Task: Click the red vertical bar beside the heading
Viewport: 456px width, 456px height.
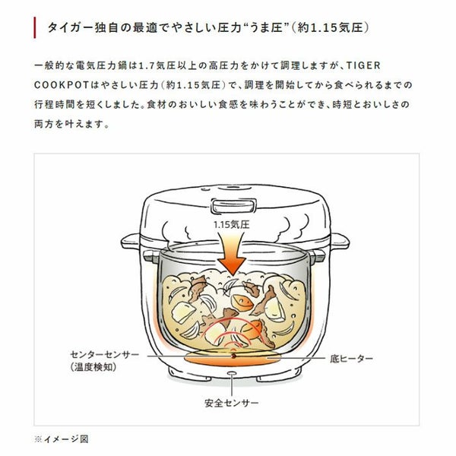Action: tap(35, 27)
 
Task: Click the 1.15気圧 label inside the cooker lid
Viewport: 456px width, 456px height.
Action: tap(232, 224)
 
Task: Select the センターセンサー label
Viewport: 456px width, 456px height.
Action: tap(105, 354)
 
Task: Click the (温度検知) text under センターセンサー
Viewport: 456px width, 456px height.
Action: tap(93, 367)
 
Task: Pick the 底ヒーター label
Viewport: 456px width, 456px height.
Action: tap(351, 359)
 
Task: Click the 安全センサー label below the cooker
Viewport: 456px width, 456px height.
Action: tap(232, 403)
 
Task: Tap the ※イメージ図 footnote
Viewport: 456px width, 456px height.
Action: tap(62, 439)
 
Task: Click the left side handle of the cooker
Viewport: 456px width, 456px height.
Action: tap(131, 242)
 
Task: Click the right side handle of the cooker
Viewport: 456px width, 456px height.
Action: tap(340, 242)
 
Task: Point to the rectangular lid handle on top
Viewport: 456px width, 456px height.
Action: tap(233, 205)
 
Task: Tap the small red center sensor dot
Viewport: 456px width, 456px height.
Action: tap(233, 356)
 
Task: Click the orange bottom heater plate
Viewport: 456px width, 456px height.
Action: tap(233, 358)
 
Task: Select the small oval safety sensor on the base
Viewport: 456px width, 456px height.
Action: tap(232, 373)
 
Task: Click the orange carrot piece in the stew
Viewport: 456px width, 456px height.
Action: tap(242, 302)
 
